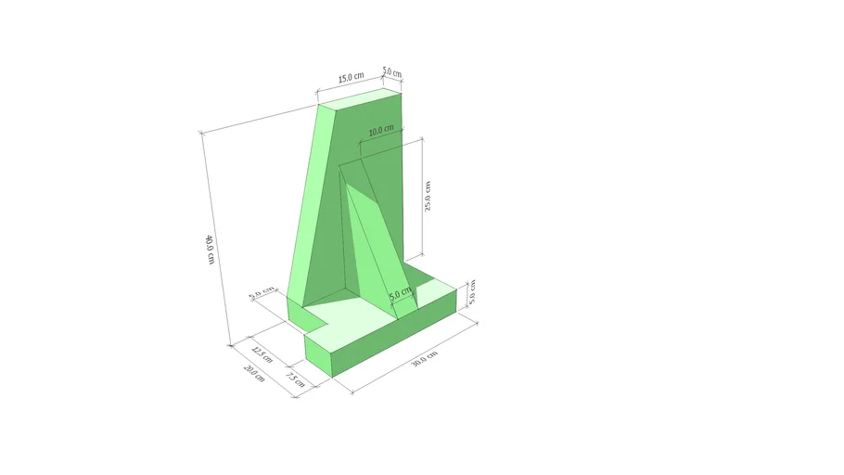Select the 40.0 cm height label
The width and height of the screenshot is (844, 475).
210,249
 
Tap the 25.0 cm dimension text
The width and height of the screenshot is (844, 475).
428,196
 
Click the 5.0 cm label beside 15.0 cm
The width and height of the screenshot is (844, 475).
392,72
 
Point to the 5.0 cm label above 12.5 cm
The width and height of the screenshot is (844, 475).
262,294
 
